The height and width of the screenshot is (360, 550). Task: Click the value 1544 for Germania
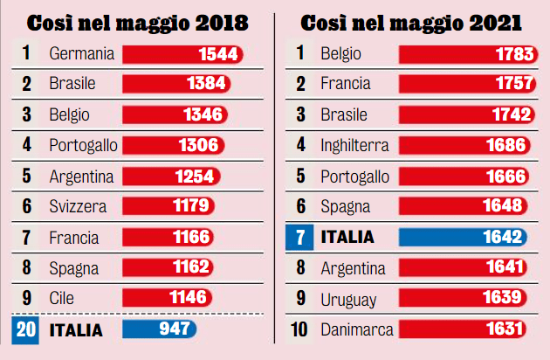tap(218, 54)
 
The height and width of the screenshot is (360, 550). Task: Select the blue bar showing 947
tap(159, 329)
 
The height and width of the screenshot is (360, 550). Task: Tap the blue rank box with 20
tap(25, 330)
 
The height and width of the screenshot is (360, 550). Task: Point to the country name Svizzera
tap(78, 206)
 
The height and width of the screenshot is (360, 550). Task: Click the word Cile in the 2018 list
tap(61, 298)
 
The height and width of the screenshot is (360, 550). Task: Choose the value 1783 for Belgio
tap(514, 54)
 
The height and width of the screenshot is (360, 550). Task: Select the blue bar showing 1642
tap(463, 237)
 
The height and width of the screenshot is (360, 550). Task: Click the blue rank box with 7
tap(299, 238)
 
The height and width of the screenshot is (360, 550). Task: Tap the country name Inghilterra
tap(354, 145)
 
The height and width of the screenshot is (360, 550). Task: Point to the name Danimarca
tap(357, 329)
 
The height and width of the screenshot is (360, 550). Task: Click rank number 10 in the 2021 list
tap(299, 329)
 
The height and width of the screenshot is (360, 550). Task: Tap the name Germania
tap(82, 53)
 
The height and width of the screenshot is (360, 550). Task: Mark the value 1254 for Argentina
tap(195, 177)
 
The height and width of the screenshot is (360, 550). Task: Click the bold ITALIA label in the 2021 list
tap(347, 237)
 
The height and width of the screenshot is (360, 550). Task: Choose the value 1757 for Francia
tap(514, 83)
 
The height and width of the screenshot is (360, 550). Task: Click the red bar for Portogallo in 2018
tap(173, 145)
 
